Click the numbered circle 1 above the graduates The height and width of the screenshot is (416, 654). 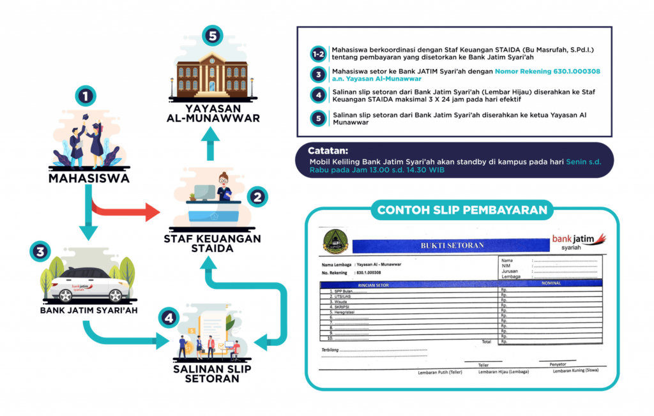[x=85, y=98]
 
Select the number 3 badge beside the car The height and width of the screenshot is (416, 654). [x=40, y=251]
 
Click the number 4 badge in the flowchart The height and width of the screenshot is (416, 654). [x=168, y=317]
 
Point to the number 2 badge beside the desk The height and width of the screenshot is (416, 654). [x=257, y=197]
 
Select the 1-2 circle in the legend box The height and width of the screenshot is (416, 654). [x=317, y=53]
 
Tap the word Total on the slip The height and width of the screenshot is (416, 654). [x=487, y=342]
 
